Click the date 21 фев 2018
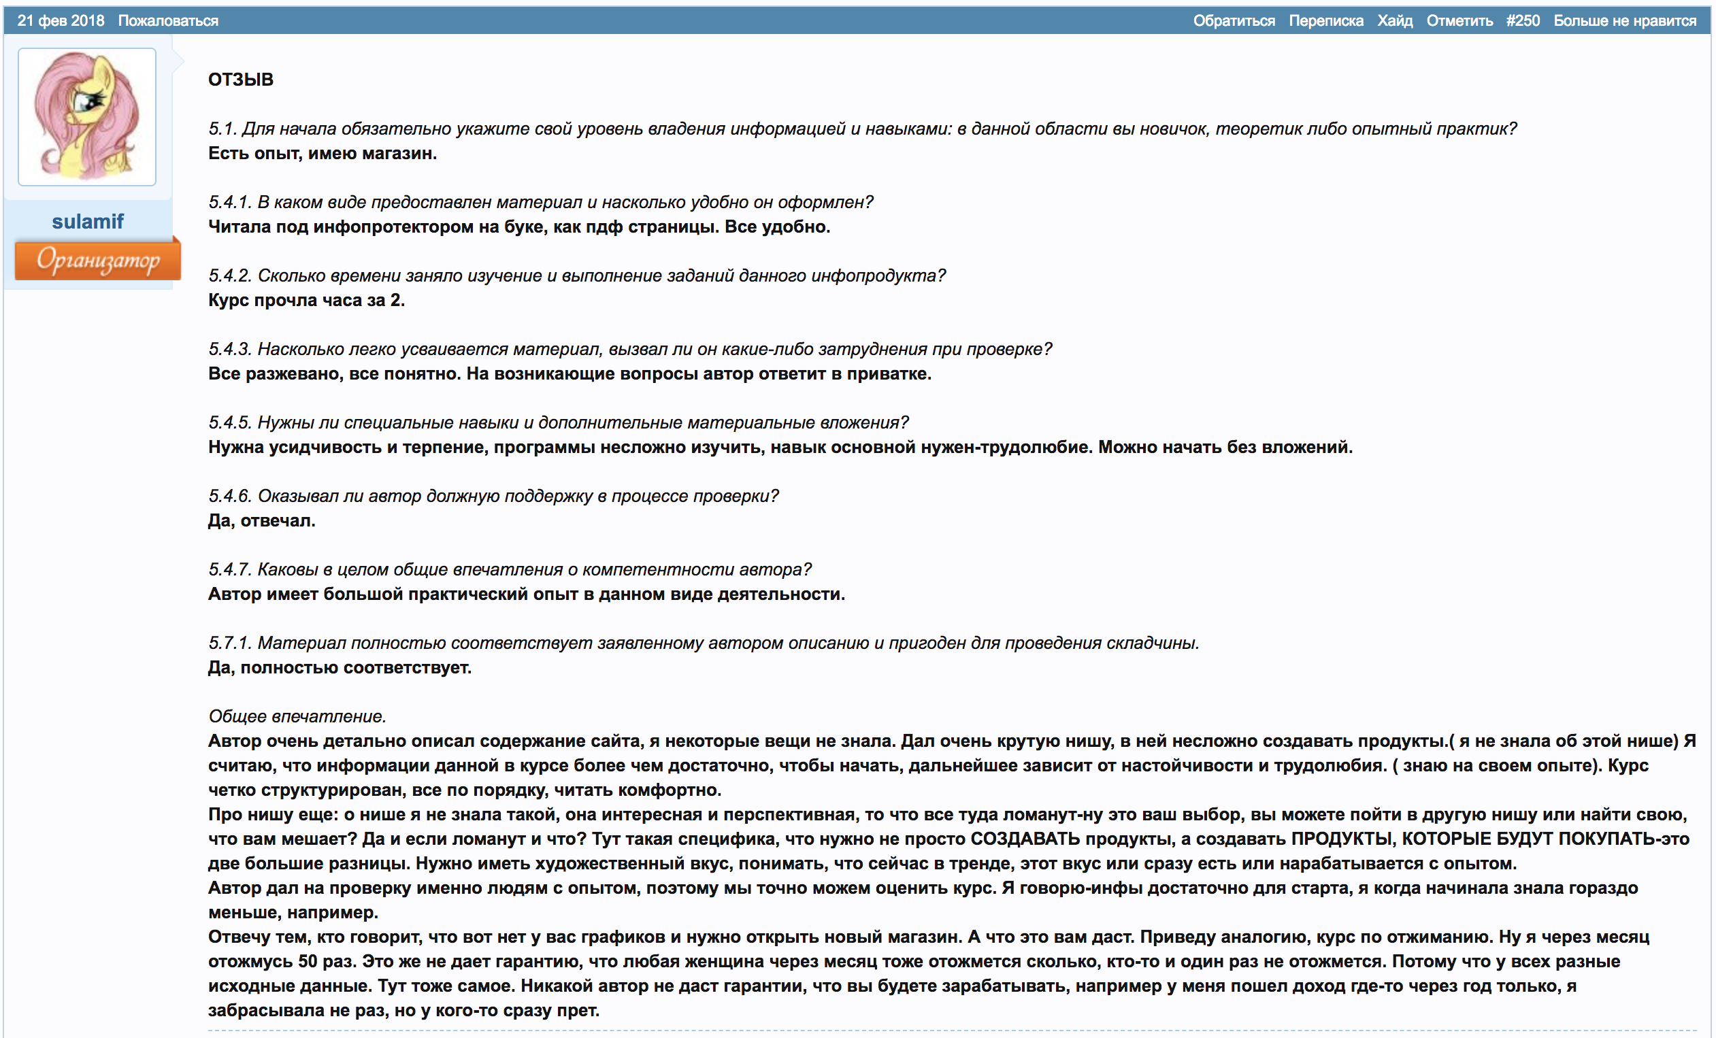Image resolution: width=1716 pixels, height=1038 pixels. pos(61,21)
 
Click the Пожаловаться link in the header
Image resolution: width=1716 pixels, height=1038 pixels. pos(168,21)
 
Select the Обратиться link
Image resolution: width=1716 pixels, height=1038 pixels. pos(1234,21)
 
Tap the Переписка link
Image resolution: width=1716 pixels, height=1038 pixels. pos(1325,21)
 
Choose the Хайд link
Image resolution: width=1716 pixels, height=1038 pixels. pos(1394,21)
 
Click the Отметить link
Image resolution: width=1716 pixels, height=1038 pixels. pos(1459,21)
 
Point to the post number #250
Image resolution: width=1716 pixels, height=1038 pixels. pos(1522,21)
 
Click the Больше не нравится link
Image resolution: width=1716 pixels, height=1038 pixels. pos(1624,21)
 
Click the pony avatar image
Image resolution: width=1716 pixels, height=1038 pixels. pos(87,116)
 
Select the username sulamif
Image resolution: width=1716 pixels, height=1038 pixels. pos(88,221)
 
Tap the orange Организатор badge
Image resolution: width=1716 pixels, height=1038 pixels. pos(97,260)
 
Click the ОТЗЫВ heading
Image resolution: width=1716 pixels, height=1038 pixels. pos(240,80)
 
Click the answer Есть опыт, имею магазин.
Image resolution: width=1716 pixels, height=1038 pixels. pos(323,153)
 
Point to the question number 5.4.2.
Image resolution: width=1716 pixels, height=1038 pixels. pos(229,275)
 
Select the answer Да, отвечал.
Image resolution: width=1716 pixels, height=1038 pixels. pos(261,521)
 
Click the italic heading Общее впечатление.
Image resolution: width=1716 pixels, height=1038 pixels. pos(297,716)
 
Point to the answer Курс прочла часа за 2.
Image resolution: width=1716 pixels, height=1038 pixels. pos(306,300)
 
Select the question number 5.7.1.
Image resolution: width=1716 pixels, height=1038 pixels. pos(229,643)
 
